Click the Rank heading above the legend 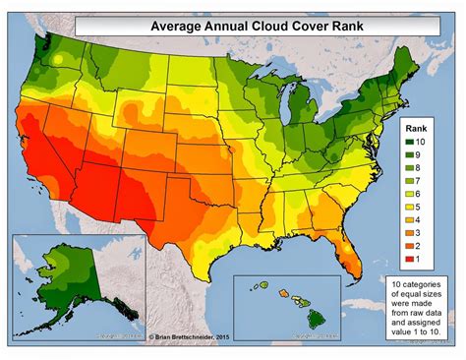click(422, 128)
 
